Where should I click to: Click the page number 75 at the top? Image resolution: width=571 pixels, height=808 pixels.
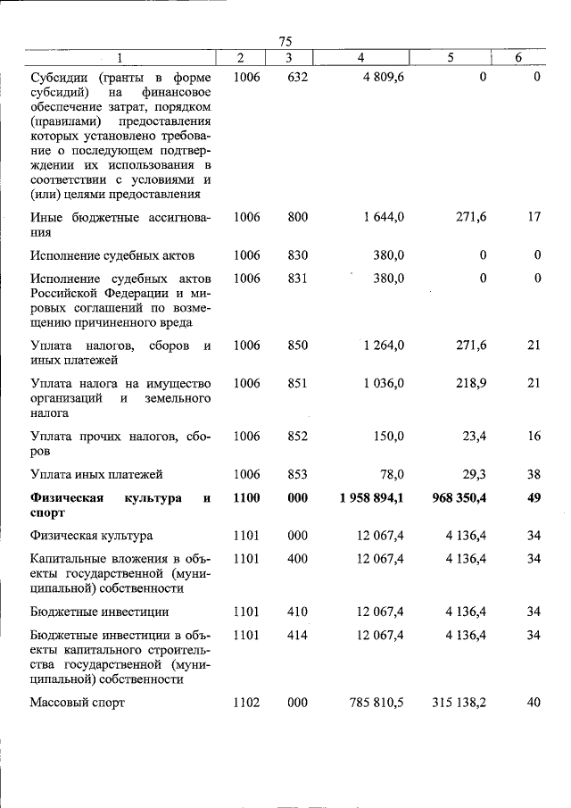[x=285, y=41]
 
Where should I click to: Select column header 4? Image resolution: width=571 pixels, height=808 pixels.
[x=360, y=58]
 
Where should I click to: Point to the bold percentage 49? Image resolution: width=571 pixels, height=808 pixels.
[x=534, y=498]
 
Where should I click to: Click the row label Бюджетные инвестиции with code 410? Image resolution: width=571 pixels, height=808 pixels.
[x=99, y=612]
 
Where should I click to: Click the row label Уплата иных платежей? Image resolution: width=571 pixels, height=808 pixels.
[x=96, y=475]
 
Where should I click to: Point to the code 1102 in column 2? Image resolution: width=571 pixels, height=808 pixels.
[x=246, y=703]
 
